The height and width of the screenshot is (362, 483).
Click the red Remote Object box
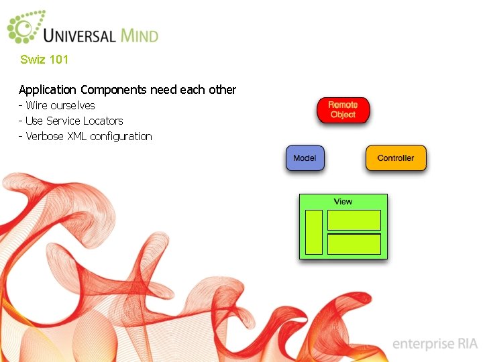pyautogui.click(x=343, y=110)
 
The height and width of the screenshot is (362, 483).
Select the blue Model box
pyautogui.click(x=305, y=158)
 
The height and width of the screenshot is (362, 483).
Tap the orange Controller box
pyautogui.click(x=396, y=158)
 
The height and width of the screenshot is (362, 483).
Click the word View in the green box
pyautogui.click(x=343, y=201)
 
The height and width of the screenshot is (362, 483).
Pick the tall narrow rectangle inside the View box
pyautogui.click(x=314, y=232)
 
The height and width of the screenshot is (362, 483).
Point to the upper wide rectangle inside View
pyautogui.click(x=354, y=220)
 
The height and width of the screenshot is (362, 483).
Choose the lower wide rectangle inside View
pyautogui.click(x=354, y=243)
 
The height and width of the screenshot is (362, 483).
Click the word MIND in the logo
pyautogui.click(x=140, y=35)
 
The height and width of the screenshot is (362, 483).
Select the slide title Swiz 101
pyautogui.click(x=44, y=60)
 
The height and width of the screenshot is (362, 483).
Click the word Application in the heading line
pyautogui.click(x=48, y=90)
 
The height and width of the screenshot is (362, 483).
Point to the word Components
pyautogui.click(x=113, y=90)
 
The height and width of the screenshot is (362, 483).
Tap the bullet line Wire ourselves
pyautogui.click(x=60, y=105)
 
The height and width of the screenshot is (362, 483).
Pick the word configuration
pyautogui.click(x=121, y=137)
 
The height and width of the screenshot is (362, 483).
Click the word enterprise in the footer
pyautogui.click(x=423, y=344)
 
